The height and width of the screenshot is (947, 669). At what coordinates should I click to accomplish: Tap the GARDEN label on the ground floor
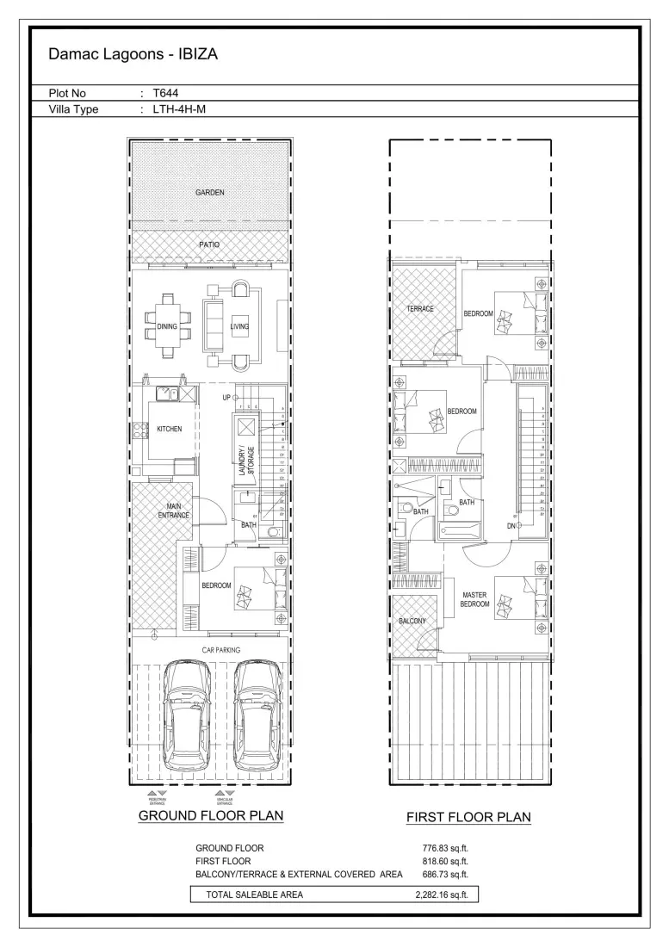209,193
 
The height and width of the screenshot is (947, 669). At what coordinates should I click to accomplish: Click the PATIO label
209,245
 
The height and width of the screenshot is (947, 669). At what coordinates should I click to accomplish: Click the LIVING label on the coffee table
239,326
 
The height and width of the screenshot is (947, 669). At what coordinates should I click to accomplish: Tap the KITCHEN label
169,429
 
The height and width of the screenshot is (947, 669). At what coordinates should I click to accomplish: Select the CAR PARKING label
209,650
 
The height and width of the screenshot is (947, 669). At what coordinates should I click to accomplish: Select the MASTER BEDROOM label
475,599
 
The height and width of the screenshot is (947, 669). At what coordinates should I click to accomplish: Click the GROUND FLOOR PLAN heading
211,815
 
